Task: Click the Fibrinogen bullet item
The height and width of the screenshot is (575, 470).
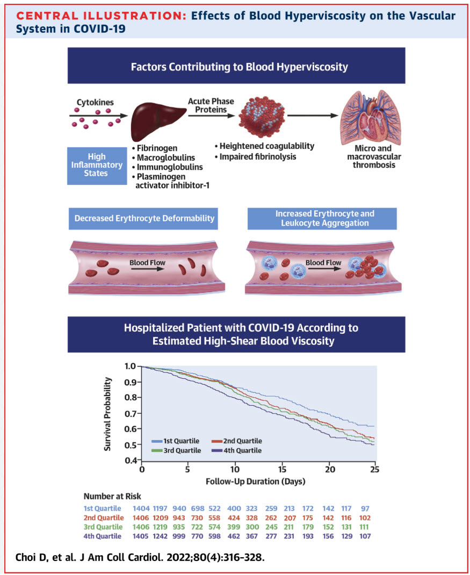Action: point(156,148)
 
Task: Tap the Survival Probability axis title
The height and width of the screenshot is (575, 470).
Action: point(108,413)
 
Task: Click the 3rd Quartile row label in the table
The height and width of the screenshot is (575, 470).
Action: point(102,527)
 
